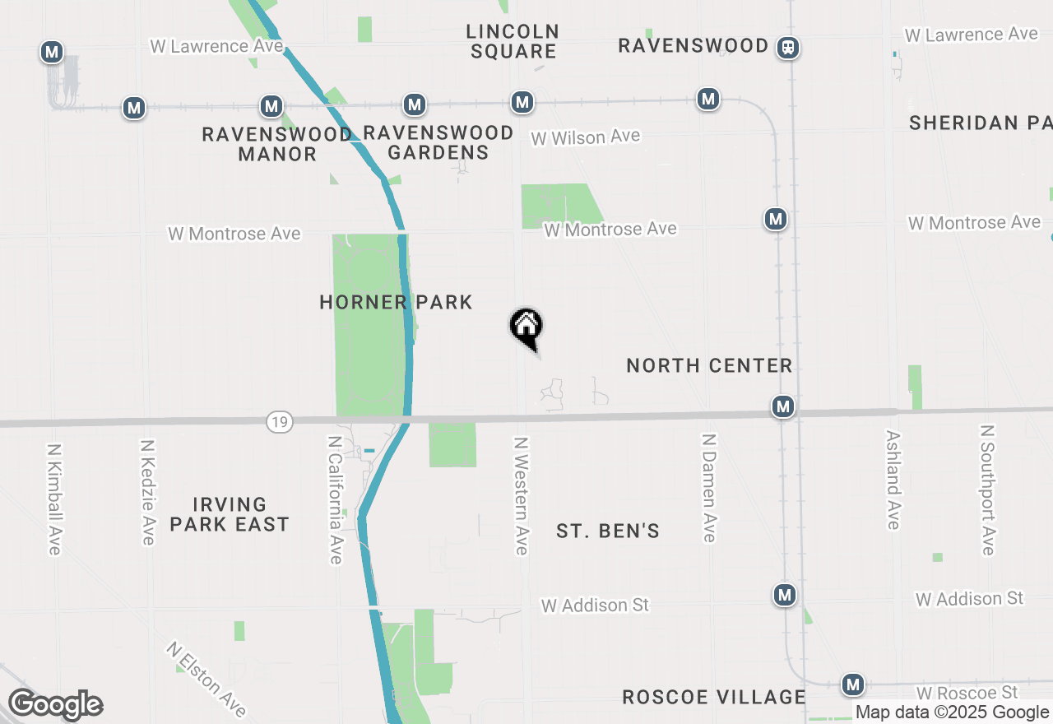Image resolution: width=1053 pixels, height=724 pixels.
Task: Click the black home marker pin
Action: pyautogui.click(x=526, y=328)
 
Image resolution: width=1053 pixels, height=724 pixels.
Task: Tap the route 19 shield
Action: pyautogui.click(x=280, y=422)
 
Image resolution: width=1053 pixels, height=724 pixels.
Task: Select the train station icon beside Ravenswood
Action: pyautogui.click(x=788, y=47)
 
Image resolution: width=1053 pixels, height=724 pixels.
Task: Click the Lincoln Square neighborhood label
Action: pyautogui.click(x=513, y=41)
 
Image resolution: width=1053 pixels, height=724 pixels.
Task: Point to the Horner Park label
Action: pyautogui.click(x=396, y=302)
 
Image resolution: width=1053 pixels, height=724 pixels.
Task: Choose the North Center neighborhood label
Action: pyautogui.click(x=709, y=365)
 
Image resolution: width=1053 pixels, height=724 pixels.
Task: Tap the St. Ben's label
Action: pyautogui.click(x=608, y=531)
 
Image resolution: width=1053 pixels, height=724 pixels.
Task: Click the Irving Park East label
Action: pyautogui.click(x=230, y=514)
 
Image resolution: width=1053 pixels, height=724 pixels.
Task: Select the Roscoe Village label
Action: pyautogui.click(x=713, y=697)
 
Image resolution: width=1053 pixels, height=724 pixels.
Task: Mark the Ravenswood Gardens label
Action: pyautogui.click(x=438, y=142)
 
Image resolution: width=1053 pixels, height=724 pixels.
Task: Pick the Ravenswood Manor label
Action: pyautogui.click(x=277, y=144)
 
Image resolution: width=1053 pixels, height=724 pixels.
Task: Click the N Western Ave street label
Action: pyautogui.click(x=521, y=495)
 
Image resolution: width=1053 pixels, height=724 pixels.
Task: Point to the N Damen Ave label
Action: pyautogui.click(x=708, y=488)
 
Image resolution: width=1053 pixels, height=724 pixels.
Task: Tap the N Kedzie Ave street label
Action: pyautogui.click(x=148, y=491)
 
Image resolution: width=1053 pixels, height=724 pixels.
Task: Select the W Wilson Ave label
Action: pyautogui.click(x=585, y=137)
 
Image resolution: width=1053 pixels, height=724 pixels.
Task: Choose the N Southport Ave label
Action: pyautogui.click(x=988, y=490)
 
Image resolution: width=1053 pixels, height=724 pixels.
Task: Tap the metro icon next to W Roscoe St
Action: pyautogui.click(x=853, y=685)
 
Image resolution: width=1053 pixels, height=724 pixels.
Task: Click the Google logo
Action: pyautogui.click(x=55, y=704)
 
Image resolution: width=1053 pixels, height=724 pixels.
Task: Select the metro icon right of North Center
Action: pyautogui.click(x=783, y=406)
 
